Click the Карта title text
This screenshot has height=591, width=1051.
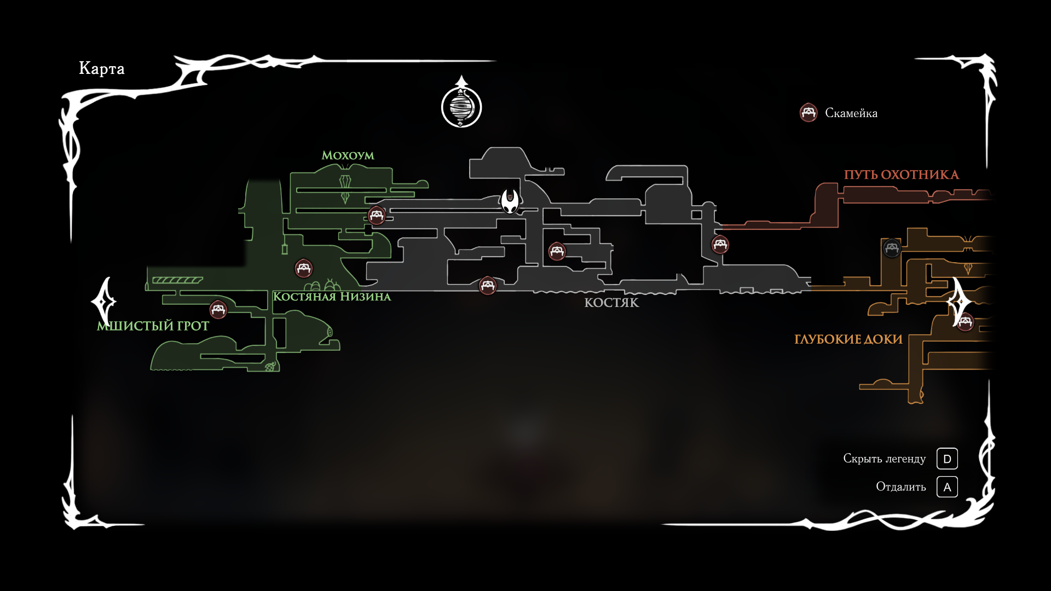pyautogui.click(x=102, y=68)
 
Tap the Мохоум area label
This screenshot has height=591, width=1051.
pyautogui.click(x=348, y=155)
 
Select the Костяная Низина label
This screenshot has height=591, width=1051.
pyautogui.click(x=332, y=297)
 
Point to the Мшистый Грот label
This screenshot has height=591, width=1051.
pyautogui.click(x=153, y=326)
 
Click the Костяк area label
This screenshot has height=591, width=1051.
pyautogui.click(x=611, y=303)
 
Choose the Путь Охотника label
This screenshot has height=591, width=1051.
pyautogui.click(x=901, y=175)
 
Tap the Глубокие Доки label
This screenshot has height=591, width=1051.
pyautogui.click(x=848, y=339)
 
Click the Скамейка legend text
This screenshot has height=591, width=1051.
pyautogui.click(x=851, y=113)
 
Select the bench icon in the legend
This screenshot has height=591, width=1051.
pyautogui.click(x=808, y=113)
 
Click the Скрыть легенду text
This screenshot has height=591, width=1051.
pyautogui.click(x=884, y=459)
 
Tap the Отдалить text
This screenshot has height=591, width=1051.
pyautogui.click(x=900, y=487)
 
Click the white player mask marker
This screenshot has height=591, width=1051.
pyautogui.click(x=510, y=201)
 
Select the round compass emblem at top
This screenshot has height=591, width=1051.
pyautogui.click(x=461, y=106)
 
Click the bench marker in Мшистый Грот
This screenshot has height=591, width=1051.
pyautogui.click(x=218, y=310)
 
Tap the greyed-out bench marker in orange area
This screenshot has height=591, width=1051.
pyautogui.click(x=891, y=248)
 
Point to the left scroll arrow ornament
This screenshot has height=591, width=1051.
pyautogui.click(x=103, y=302)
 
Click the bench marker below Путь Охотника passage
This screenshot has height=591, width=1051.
pyautogui.click(x=720, y=245)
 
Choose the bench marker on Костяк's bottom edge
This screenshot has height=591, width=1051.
pyautogui.click(x=487, y=286)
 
